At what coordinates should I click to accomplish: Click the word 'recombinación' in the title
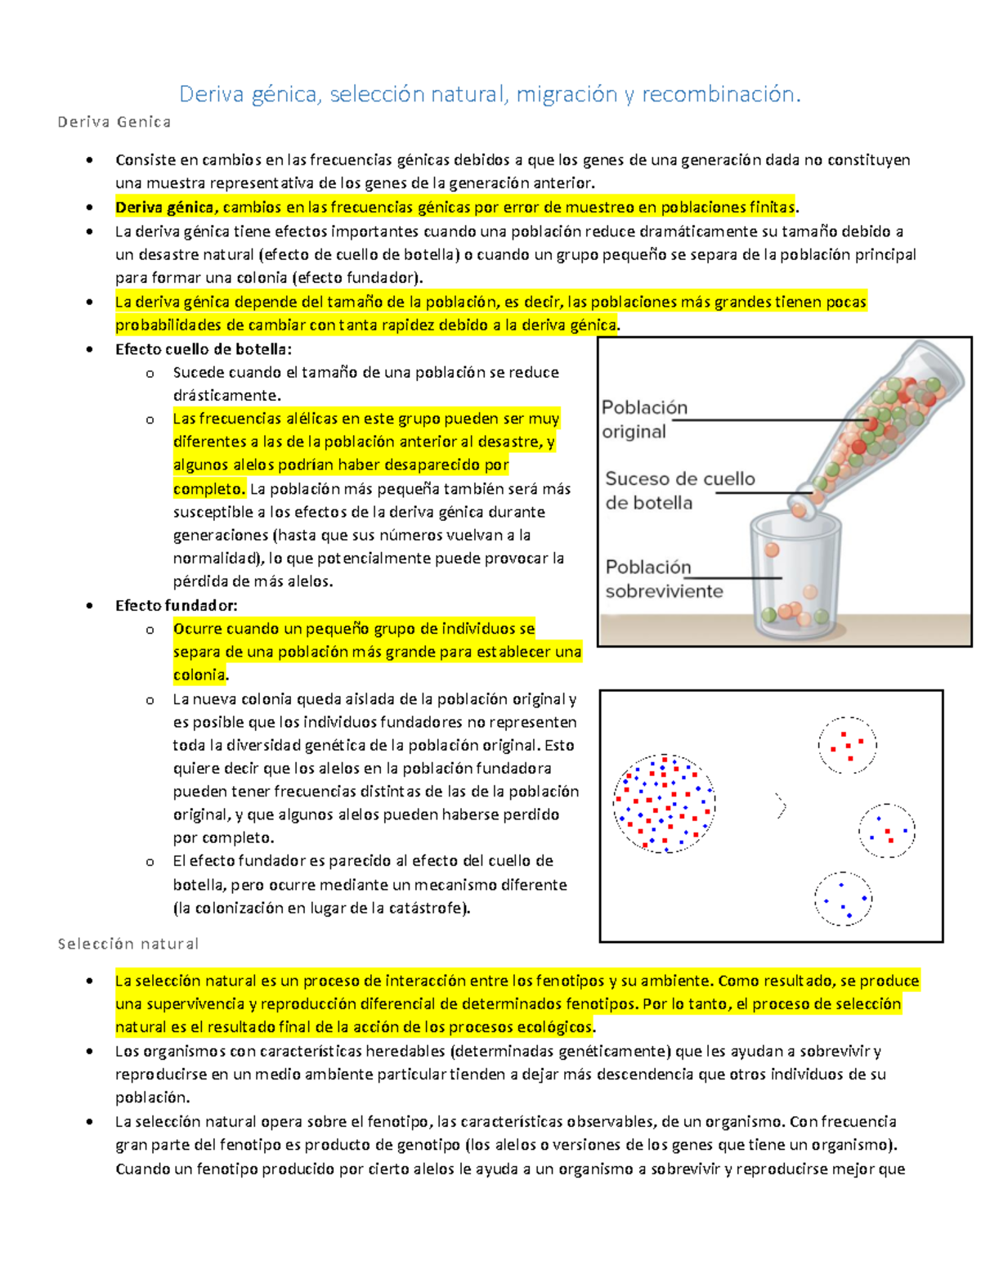(720, 95)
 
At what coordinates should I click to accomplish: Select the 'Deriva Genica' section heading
(114, 123)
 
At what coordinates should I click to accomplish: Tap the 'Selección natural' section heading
(128, 944)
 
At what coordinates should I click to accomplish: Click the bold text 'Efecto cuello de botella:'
(203, 349)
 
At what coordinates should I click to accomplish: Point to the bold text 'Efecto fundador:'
(176, 606)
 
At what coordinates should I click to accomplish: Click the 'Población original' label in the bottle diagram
(644, 420)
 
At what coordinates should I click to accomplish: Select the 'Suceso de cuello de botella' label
(679, 491)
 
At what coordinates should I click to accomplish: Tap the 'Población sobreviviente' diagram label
(664, 579)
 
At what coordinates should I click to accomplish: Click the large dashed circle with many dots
(664, 804)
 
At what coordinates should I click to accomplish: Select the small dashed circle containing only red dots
(847, 745)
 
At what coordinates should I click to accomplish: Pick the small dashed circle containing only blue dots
(843, 899)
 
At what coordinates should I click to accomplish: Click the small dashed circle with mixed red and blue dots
(886, 831)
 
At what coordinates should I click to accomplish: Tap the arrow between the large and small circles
(781, 806)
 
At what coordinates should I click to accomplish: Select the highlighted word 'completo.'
(208, 489)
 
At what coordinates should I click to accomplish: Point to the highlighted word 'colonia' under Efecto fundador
(199, 675)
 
